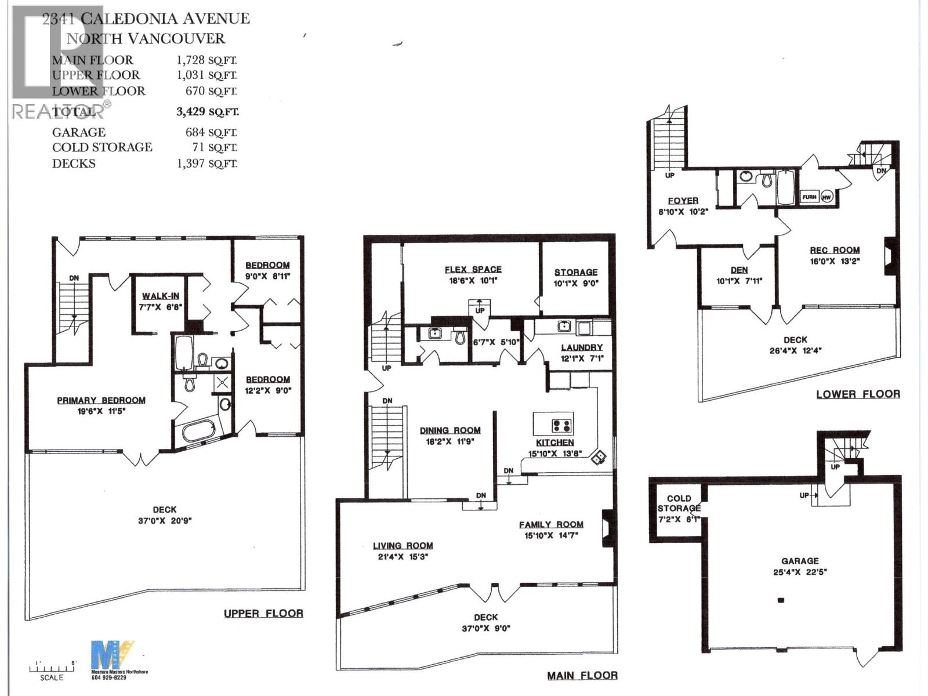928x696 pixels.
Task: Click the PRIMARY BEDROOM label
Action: pyautogui.click(x=101, y=400)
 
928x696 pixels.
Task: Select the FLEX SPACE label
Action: pyautogui.click(x=473, y=269)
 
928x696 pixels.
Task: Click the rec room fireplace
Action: pyautogui.click(x=890, y=255)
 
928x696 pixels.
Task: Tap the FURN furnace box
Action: pyautogui.click(x=809, y=197)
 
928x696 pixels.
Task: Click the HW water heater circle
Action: pyautogui.click(x=826, y=197)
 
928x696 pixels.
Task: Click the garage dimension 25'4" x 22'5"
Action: pyautogui.click(x=800, y=571)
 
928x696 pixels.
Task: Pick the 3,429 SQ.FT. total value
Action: pyautogui.click(x=207, y=111)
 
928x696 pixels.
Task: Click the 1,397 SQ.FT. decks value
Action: pyautogui.click(x=207, y=164)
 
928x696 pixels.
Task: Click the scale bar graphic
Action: pyautogui.click(x=53, y=668)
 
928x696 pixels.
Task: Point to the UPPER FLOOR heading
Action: pyautogui.click(x=263, y=613)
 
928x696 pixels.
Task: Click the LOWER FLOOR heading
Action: pyautogui.click(x=858, y=394)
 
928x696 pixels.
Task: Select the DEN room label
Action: pyautogui.click(x=739, y=270)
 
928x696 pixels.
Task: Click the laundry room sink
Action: pyautogui.click(x=563, y=326)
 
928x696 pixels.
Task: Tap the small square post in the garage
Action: pyautogui.click(x=781, y=600)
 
